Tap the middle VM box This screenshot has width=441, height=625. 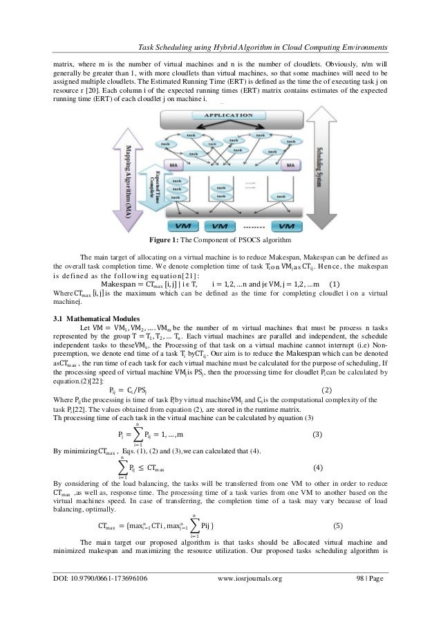pyautogui.click(x=221, y=226)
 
